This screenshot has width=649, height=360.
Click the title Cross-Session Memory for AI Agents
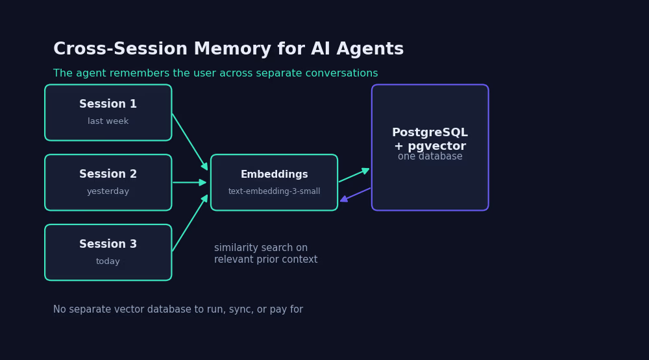[228, 49]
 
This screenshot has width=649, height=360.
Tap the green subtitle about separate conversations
[215, 73]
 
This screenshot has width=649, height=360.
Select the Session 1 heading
[108, 104]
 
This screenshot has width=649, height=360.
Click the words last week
[108, 121]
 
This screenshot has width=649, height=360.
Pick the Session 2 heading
[108, 174]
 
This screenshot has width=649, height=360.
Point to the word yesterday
[108, 191]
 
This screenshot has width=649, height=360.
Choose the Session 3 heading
[108, 244]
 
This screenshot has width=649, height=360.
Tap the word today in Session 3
[108, 261]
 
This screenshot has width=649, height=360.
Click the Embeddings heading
[274, 174]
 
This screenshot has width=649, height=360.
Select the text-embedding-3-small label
[274, 191]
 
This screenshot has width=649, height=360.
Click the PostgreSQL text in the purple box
[430, 132]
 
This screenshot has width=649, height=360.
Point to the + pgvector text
[430, 146]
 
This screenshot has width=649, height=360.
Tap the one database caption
[430, 156]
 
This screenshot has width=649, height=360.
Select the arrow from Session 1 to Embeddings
[190, 142]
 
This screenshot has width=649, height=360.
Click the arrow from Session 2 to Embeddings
[189, 182]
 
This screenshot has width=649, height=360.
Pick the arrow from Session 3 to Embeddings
[190, 223]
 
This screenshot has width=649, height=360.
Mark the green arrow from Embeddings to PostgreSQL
[354, 175]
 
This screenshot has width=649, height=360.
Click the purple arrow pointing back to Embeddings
[355, 195]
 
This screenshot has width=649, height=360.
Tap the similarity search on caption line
[261, 248]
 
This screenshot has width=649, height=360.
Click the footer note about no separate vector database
[178, 309]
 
